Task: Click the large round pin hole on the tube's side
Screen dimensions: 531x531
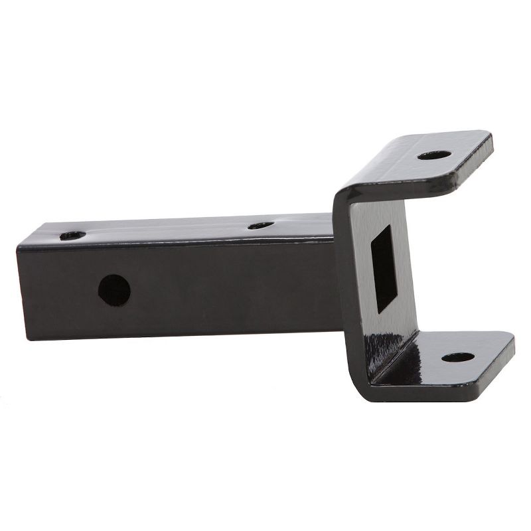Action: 114,287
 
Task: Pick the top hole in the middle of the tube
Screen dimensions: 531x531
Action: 261,226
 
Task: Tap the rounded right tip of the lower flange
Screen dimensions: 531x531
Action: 510,345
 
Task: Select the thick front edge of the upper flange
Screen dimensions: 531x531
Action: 425,183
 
